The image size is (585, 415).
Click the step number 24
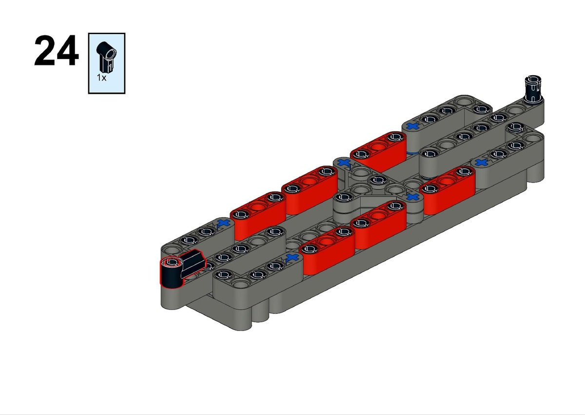[x=57, y=50]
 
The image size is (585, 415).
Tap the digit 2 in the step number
[x=45, y=50]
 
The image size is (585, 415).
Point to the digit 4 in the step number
[x=67, y=50]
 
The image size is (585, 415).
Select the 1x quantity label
[x=101, y=78]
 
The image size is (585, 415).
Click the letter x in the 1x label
[x=104, y=78]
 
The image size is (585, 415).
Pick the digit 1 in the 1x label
[x=98, y=78]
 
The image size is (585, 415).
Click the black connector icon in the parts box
[x=106, y=57]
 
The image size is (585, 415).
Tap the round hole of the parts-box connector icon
[x=111, y=54]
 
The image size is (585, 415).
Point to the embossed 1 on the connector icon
[x=111, y=67]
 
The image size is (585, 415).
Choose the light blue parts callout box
[x=107, y=63]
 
